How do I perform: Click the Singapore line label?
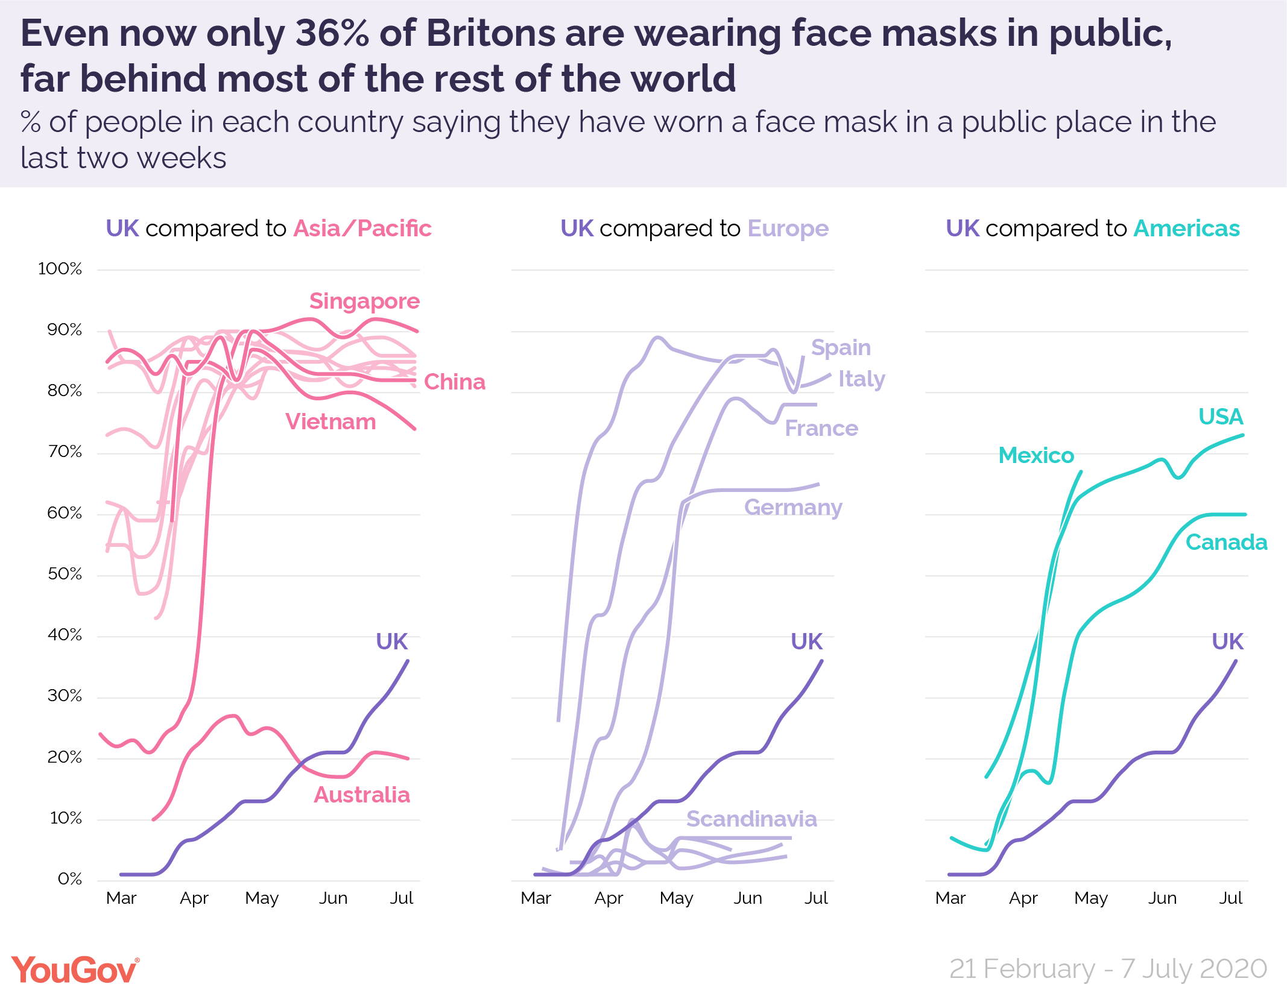364,301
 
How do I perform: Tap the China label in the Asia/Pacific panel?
454,382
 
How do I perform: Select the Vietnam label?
330,421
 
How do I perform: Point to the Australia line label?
362,795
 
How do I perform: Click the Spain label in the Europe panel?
841,347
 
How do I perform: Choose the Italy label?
861,379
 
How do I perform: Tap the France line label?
821,428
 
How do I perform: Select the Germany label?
793,507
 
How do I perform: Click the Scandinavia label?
751,819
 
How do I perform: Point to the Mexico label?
1036,455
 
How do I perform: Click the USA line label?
1221,417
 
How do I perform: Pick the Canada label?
1226,542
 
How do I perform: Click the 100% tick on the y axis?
60,269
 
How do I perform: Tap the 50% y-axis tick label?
65,574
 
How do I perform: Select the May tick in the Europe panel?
676,898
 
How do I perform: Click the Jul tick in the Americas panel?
1230,898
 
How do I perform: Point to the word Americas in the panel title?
1186,229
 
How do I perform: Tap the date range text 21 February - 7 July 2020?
1108,969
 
